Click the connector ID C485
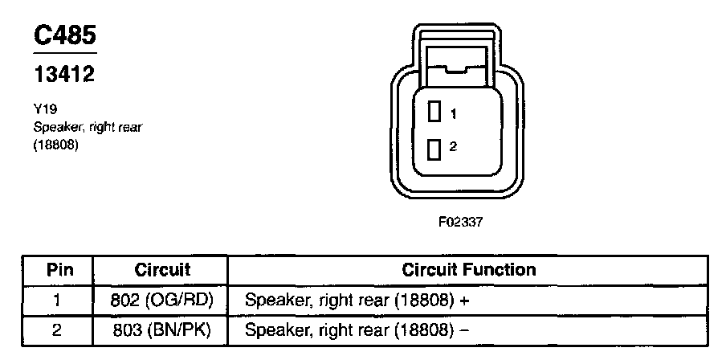coord(64,35)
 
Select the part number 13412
coord(64,75)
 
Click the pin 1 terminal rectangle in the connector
coord(435,112)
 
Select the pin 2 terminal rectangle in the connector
coord(435,149)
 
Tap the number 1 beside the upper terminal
coord(453,115)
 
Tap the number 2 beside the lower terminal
coord(453,146)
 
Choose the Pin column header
coord(56,269)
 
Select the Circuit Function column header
coord(468,269)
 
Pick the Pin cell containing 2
coord(56,329)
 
